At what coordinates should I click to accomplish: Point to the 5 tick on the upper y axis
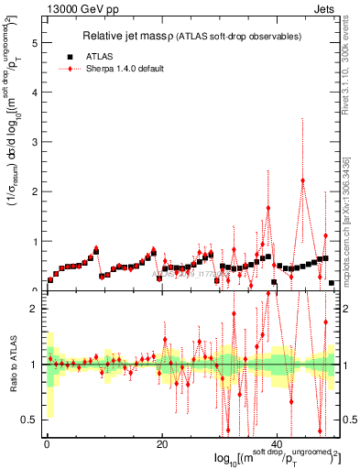coord(33,43)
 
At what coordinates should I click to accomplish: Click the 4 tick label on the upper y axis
coord(33,93)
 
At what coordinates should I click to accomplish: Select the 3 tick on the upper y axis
coord(33,142)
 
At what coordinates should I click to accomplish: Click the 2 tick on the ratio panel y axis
coord(33,309)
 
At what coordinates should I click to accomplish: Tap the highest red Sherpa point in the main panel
coord(302,180)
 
